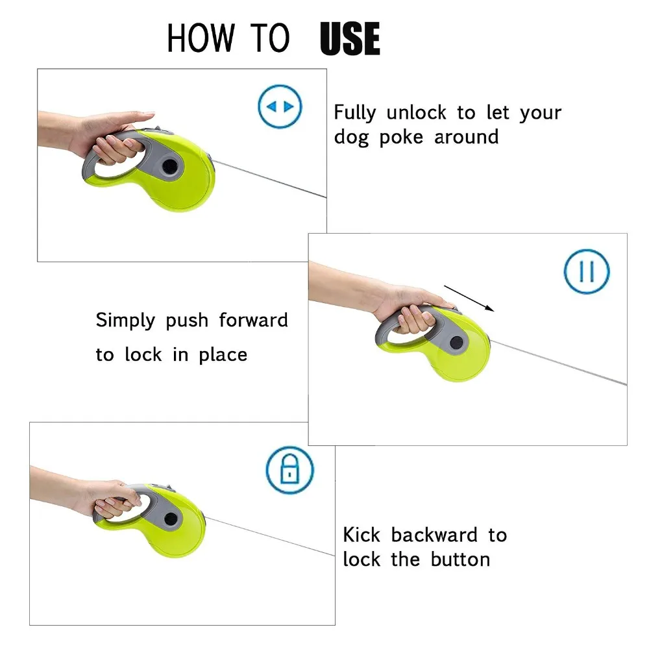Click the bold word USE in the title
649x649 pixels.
click(350, 38)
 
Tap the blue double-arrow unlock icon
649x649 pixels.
click(280, 106)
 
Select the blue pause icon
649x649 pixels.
click(587, 271)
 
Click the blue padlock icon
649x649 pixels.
click(289, 470)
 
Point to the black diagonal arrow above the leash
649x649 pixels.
click(469, 298)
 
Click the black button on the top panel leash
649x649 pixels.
click(169, 166)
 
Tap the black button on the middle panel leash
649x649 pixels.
click(456, 342)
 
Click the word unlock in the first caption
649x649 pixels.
click(417, 112)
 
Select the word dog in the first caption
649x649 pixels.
click(351, 138)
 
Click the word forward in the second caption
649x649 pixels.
click(253, 320)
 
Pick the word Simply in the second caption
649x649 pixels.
click(125, 321)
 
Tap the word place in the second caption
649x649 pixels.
click(223, 356)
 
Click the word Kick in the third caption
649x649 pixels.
click(361, 535)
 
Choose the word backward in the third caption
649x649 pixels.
click(434, 535)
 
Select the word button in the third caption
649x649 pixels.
click(460, 559)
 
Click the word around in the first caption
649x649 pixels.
click(467, 137)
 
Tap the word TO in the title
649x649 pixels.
click(270, 38)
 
